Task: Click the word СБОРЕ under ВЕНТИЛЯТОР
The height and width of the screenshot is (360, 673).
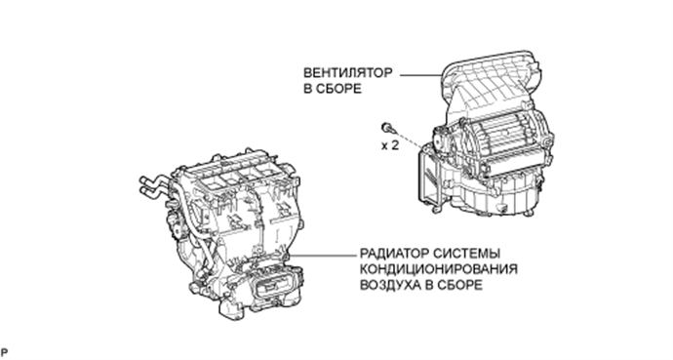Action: pyautogui.click(x=335, y=88)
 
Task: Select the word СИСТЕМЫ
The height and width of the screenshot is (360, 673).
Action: pyautogui.click(x=455, y=252)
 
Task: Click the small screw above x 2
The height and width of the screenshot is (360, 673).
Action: pyautogui.click(x=388, y=127)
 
